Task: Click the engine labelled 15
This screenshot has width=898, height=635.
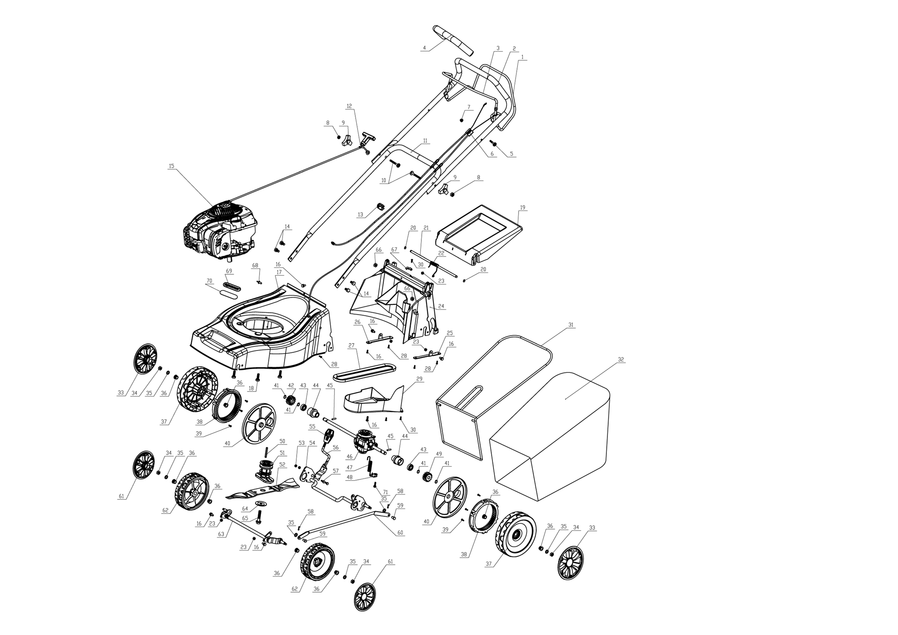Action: (220, 232)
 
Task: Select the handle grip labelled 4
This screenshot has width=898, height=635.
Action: (453, 40)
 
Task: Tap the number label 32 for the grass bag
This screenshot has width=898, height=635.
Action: (621, 359)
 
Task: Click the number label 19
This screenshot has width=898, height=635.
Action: (523, 207)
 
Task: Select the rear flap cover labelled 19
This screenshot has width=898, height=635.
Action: (479, 235)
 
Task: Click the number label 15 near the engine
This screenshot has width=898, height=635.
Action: (172, 165)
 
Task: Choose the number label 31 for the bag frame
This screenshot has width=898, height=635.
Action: (571, 324)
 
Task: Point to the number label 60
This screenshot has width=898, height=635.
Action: (400, 533)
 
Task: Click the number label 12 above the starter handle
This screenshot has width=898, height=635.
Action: (350, 106)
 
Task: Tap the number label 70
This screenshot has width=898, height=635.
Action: (209, 281)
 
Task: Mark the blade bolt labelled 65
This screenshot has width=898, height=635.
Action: (259, 515)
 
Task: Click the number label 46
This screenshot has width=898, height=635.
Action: (349, 457)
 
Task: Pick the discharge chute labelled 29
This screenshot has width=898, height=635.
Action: (374, 399)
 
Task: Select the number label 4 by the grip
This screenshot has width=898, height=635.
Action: (424, 47)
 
